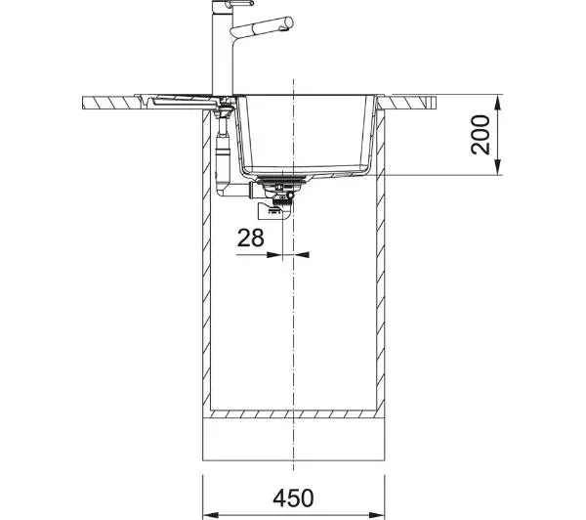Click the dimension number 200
pyautogui.click(x=481, y=135)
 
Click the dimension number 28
pyautogui.click(x=250, y=238)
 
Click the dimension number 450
pyautogui.click(x=293, y=498)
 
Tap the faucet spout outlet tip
pyautogui.click(x=289, y=22)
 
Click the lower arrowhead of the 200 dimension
pyautogui.click(x=497, y=167)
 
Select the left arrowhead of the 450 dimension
pyautogui.click(x=210, y=515)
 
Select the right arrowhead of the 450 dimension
pyautogui.click(x=377, y=515)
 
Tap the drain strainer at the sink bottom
pyautogui.click(x=282, y=180)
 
